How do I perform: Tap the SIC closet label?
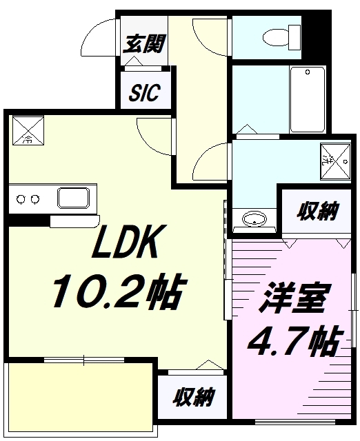tap(144, 93)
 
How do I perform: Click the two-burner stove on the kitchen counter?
tap(27, 200)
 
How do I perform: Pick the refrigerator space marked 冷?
tap(28, 130)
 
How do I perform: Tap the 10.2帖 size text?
tap(117, 293)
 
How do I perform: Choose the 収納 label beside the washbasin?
tap(318, 212)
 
